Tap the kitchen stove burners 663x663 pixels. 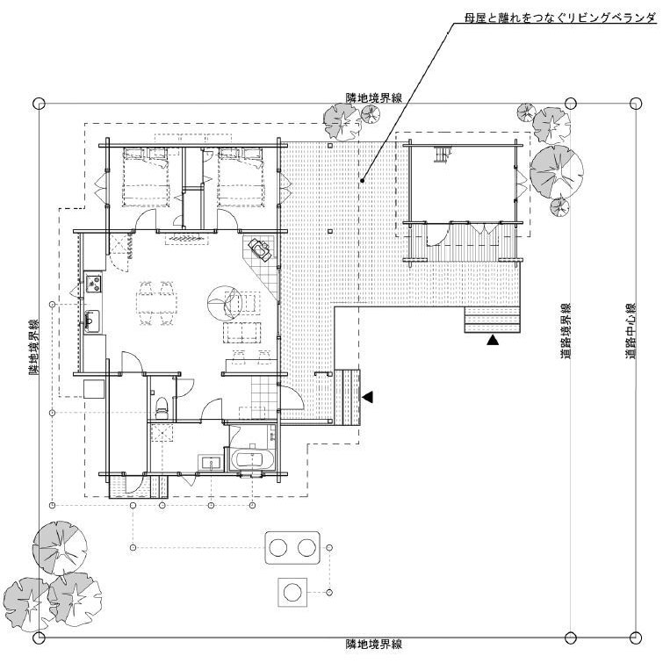pyautogui.click(x=93, y=284)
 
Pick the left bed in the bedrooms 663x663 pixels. pyautogui.click(x=146, y=177)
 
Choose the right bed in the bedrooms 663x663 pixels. pyautogui.click(x=241, y=177)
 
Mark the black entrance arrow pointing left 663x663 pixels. pyautogui.click(x=367, y=397)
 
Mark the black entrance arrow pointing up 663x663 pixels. pyautogui.click(x=492, y=340)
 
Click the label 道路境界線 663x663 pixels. pyautogui.click(x=566, y=331)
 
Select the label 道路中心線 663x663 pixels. pyautogui.click(x=631, y=331)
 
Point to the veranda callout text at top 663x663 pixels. pyautogui.click(x=560, y=18)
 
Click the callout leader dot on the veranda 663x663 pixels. pyautogui.click(x=363, y=181)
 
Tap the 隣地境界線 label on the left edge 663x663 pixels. pyautogui.click(x=34, y=347)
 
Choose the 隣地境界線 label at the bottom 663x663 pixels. pyautogui.click(x=374, y=644)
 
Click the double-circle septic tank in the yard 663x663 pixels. pyautogui.click(x=292, y=548)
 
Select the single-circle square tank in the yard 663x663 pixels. pyautogui.click(x=292, y=592)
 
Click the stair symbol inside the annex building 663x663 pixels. pyautogui.click(x=443, y=154)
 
